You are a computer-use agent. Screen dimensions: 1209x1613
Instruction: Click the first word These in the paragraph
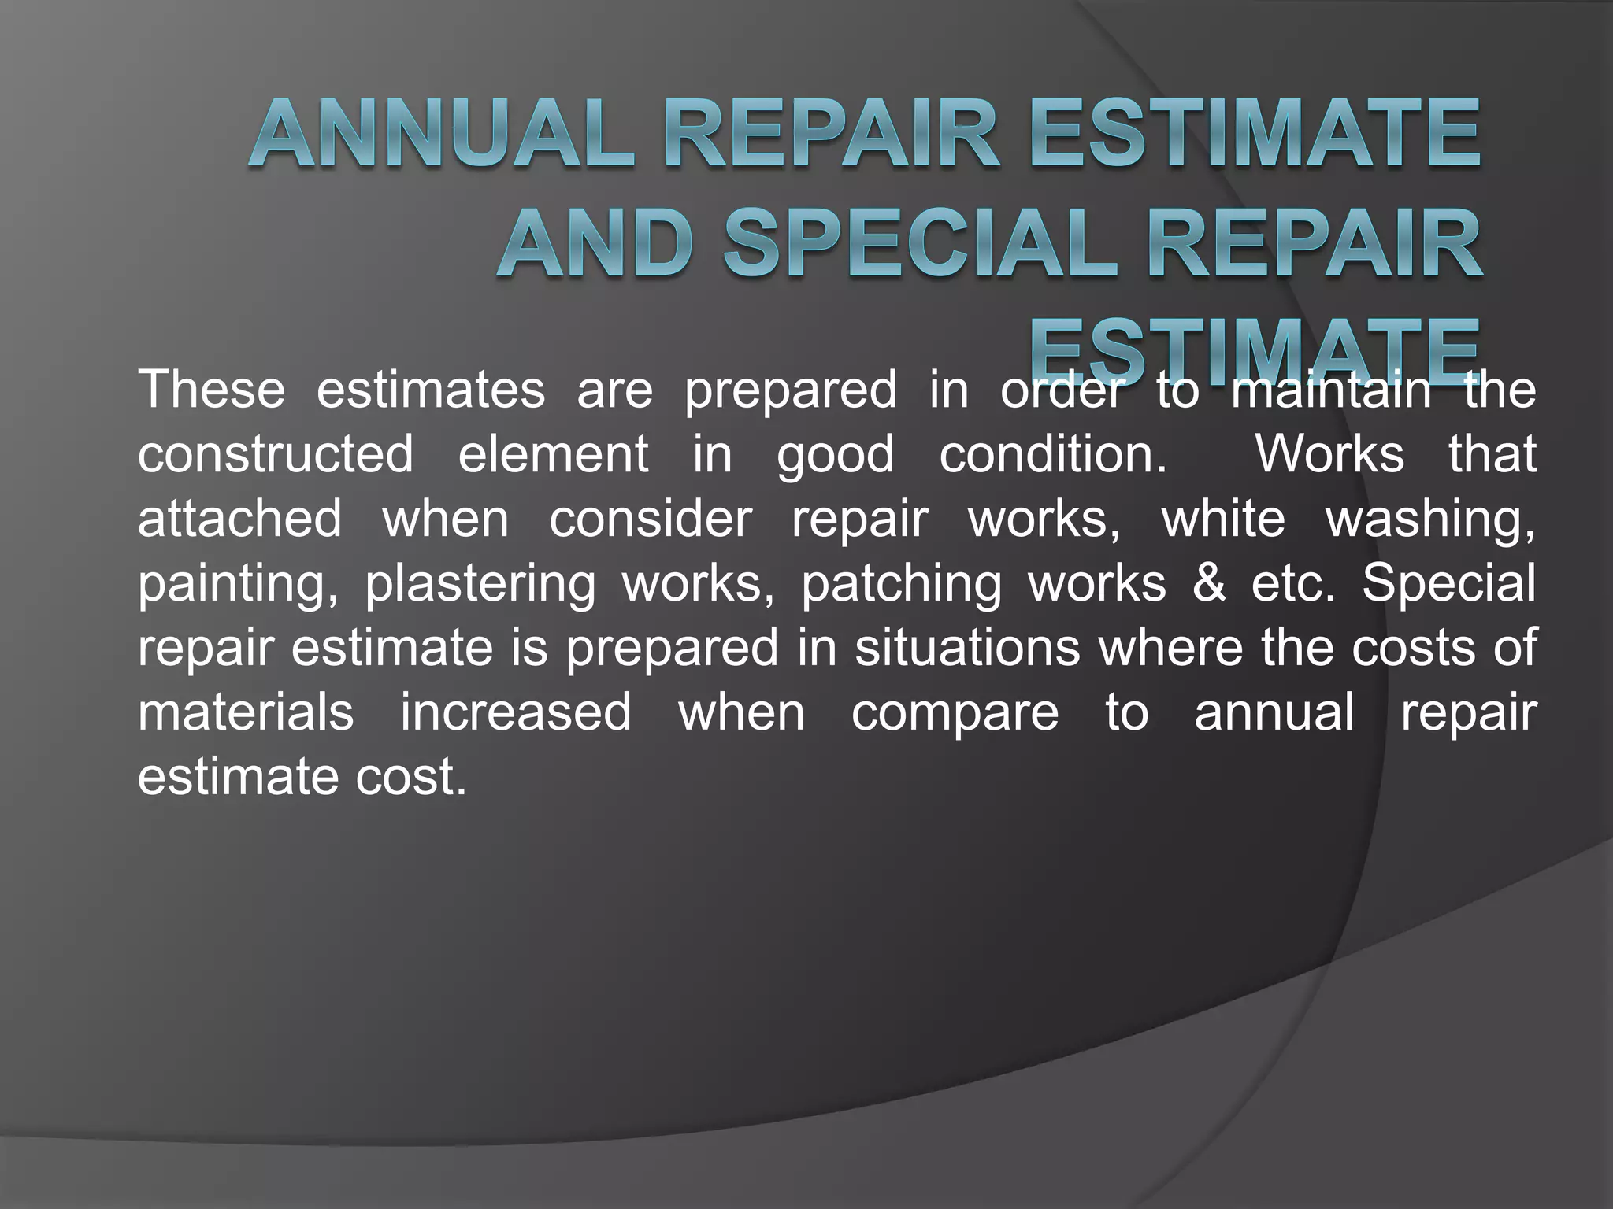[211, 389]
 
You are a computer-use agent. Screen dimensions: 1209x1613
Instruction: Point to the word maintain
[1331, 389]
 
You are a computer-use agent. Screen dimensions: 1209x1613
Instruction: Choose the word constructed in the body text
[276, 454]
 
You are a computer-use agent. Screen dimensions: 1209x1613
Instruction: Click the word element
[553, 454]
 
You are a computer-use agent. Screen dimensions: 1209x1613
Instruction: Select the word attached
[240, 519]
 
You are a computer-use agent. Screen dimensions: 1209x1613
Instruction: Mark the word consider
[651, 519]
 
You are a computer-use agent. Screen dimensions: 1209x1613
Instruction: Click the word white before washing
[1224, 519]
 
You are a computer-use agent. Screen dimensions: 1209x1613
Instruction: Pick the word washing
[1430, 520]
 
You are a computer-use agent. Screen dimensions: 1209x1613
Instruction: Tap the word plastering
[480, 585]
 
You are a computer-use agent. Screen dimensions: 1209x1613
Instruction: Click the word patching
[902, 585]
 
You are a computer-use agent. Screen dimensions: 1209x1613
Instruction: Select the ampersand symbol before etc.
[1209, 583]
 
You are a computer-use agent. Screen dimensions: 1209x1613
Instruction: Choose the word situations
[967, 648]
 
